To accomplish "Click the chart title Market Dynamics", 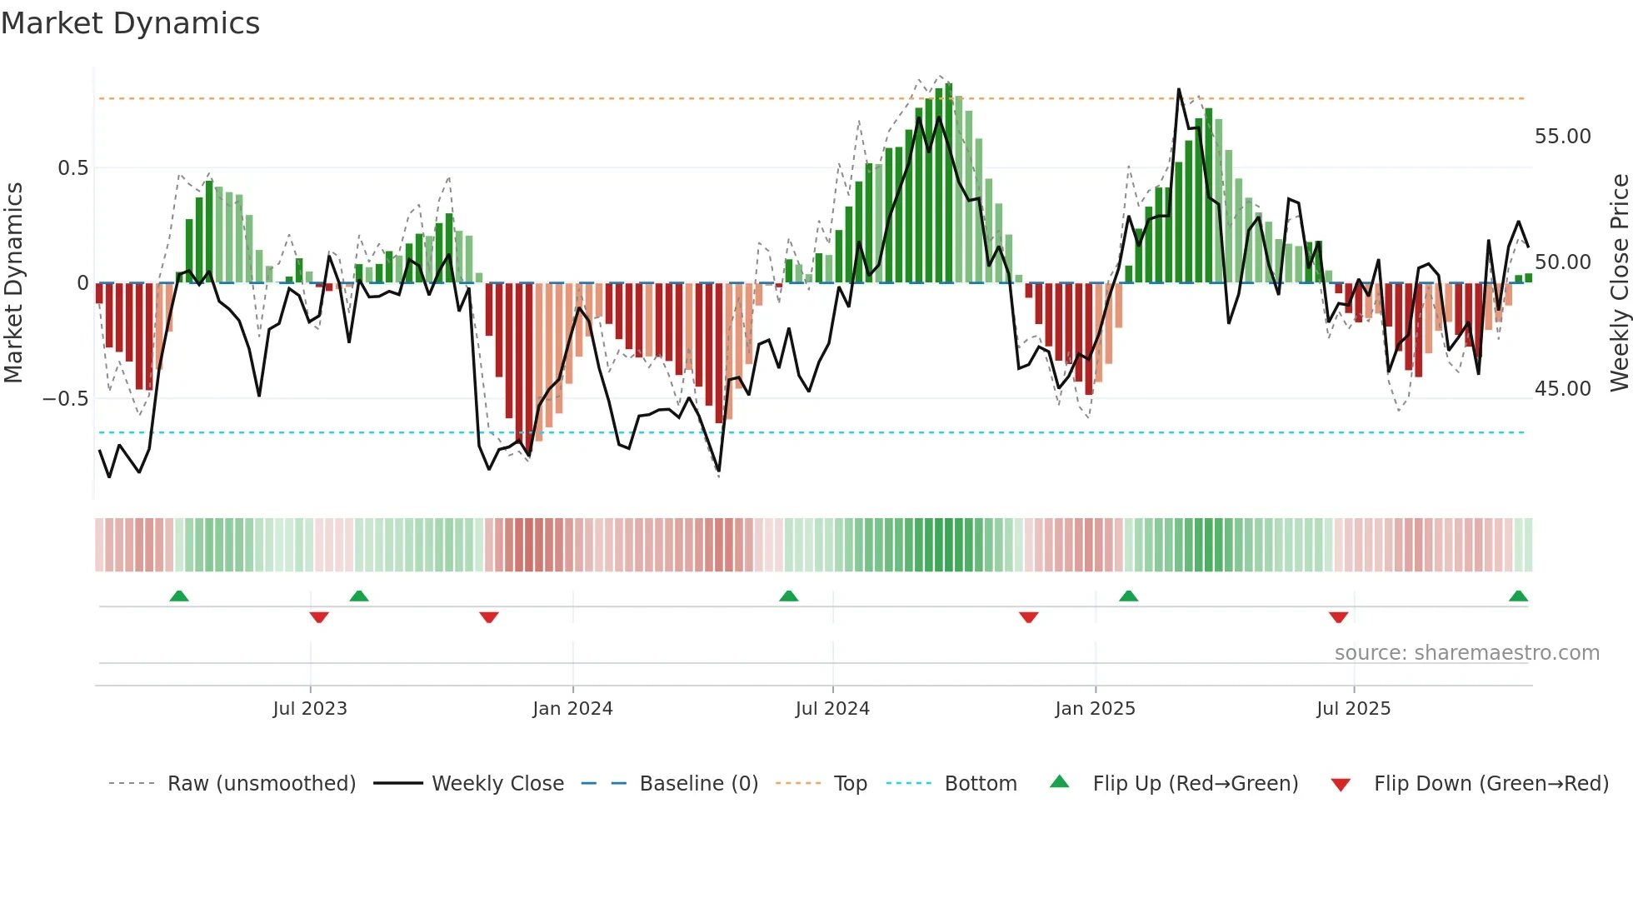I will pyautogui.click(x=131, y=23).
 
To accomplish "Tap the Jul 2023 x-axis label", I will pyautogui.click(x=310, y=709).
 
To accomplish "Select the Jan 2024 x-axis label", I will pyautogui.click(x=572, y=709).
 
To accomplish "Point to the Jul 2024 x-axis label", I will pyautogui.click(x=832, y=709).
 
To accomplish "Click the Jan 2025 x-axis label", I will pyautogui.click(x=1095, y=709).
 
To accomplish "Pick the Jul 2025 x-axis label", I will pyautogui.click(x=1353, y=709).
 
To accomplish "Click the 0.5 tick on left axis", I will pyautogui.click(x=72, y=168).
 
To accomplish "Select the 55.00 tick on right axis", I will pyautogui.click(x=1562, y=137).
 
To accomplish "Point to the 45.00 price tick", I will pyautogui.click(x=1562, y=389).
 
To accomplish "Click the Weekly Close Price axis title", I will pyautogui.click(x=1619, y=282).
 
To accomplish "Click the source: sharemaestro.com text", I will pyautogui.click(x=1466, y=653).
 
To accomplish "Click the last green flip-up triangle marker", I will pyautogui.click(x=1518, y=596).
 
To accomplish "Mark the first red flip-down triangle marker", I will pyautogui.click(x=319, y=617).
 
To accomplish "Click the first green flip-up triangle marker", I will pyautogui.click(x=179, y=596).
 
